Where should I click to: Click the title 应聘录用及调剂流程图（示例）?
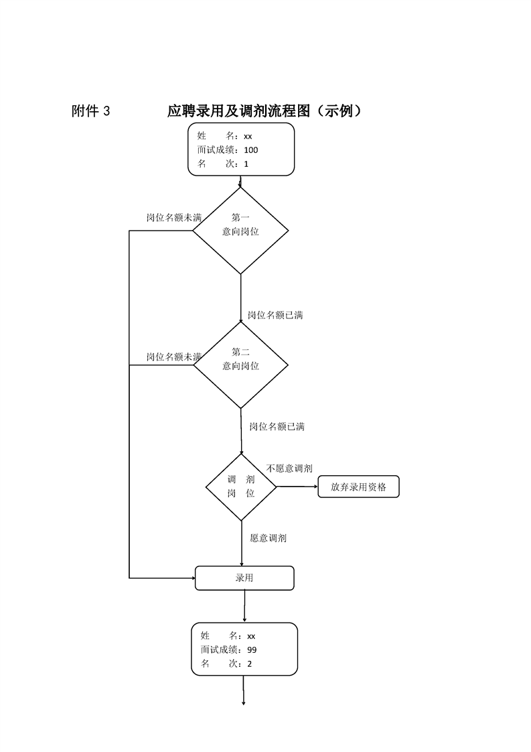click(x=264, y=111)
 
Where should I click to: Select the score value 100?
click(x=251, y=150)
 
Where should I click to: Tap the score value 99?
click(x=252, y=649)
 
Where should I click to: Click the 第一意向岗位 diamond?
click(x=240, y=231)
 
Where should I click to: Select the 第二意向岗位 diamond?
click(x=240, y=365)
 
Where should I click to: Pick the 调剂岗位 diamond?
click(x=241, y=487)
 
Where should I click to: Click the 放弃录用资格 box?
click(x=358, y=487)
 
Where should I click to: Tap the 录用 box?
click(x=244, y=578)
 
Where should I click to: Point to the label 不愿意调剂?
click(x=289, y=468)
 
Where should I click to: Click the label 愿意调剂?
click(x=269, y=538)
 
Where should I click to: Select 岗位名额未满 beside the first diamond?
click(x=174, y=218)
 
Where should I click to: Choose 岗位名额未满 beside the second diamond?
click(x=174, y=357)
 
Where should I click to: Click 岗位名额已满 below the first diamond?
click(x=275, y=314)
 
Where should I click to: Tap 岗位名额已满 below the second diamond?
click(x=277, y=426)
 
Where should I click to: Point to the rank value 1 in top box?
click(x=246, y=164)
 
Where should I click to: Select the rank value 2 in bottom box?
click(x=250, y=664)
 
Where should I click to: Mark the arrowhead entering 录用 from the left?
click(x=192, y=577)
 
